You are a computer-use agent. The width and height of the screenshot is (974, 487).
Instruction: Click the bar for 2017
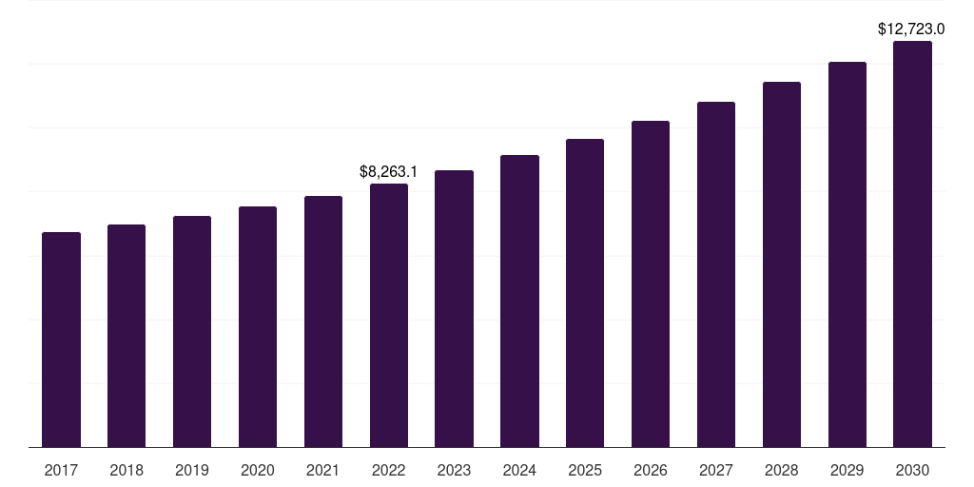coord(61,340)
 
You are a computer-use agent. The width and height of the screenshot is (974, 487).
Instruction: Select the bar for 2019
coord(192,331)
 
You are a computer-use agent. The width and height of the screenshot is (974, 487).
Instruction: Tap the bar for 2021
coord(323,321)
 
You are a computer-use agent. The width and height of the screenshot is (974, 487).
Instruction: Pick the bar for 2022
coord(389,315)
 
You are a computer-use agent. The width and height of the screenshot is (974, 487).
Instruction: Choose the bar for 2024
coord(519,301)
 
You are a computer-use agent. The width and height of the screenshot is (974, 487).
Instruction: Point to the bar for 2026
coord(651,283)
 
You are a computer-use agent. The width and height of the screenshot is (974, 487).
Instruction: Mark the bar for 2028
coord(782,264)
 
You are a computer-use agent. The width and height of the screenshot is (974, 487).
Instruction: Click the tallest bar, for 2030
coord(912,243)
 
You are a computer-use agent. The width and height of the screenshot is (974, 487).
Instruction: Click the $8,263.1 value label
coord(388,172)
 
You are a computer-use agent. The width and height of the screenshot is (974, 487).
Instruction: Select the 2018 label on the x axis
coord(127,470)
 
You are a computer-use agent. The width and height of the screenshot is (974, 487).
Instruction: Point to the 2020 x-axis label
coord(258,470)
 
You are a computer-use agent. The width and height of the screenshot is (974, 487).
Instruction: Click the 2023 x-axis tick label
coord(454,470)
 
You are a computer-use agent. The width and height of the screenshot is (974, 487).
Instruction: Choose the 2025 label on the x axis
coord(585,470)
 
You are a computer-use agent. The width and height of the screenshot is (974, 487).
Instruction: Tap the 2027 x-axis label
coord(716,470)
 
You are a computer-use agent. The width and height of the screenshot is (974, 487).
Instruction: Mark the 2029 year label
coord(847,470)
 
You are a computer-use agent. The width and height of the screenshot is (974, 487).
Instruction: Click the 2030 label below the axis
coord(912,470)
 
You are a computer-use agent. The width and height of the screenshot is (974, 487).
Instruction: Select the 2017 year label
coord(61,470)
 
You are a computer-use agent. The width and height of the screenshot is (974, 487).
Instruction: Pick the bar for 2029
coord(847,254)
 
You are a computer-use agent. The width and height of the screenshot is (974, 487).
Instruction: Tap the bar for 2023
coord(454,308)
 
